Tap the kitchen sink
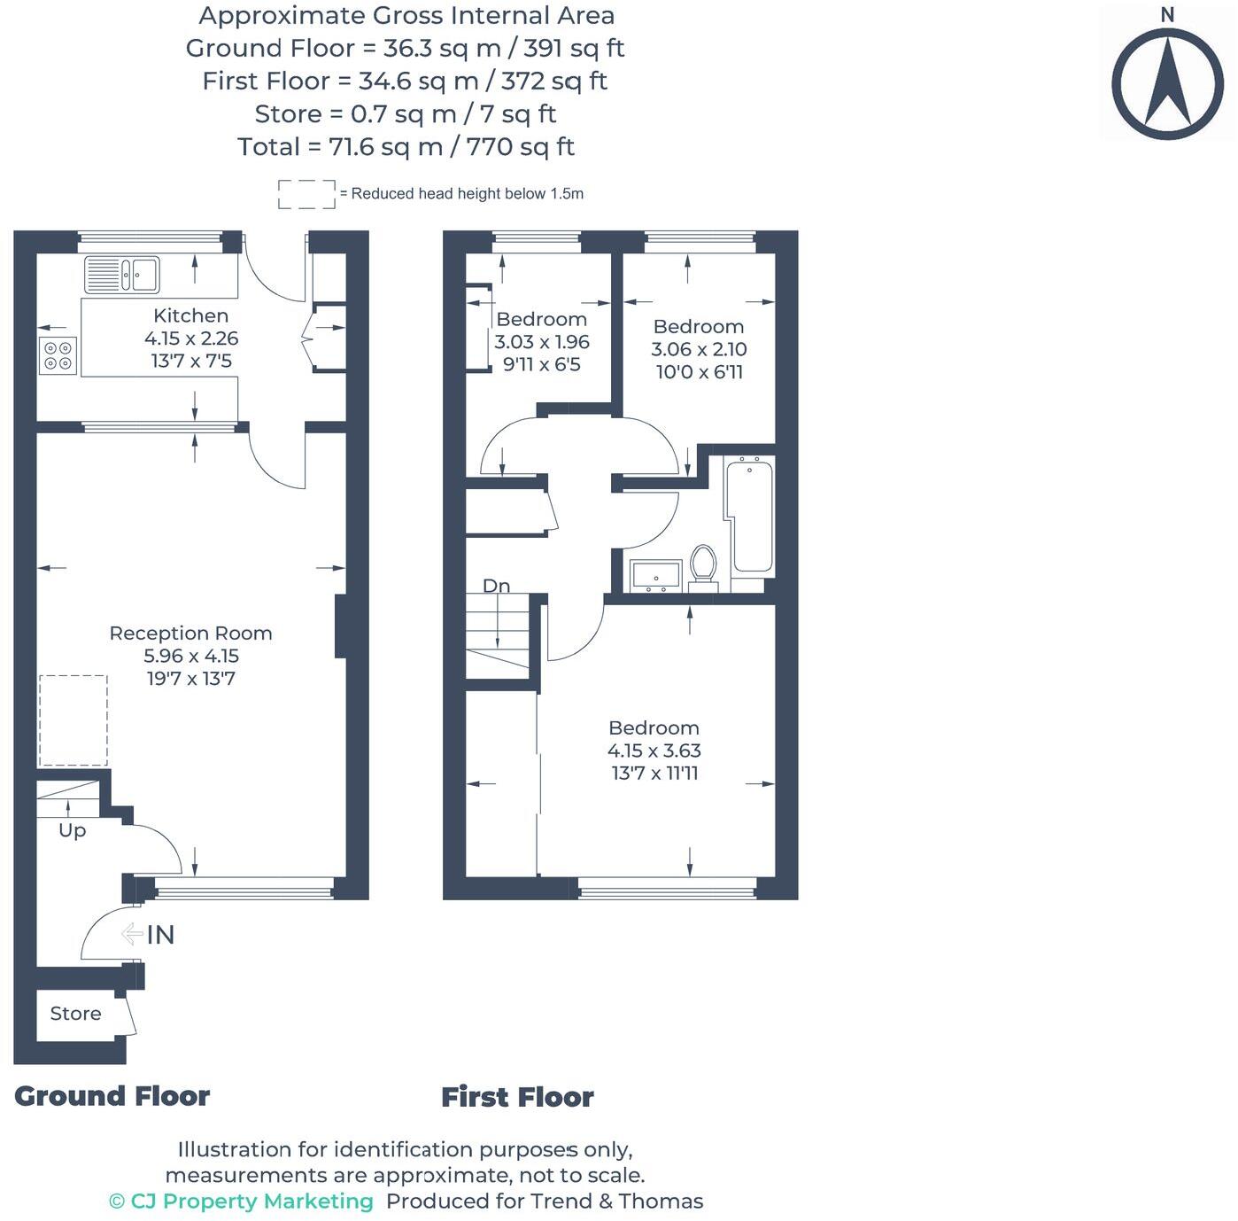[x=122, y=275]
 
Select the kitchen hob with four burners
[x=58, y=355]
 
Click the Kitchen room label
[x=190, y=315]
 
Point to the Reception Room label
[x=190, y=634]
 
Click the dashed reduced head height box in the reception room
[x=74, y=720]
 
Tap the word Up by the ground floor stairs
[x=73, y=831]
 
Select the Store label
[x=75, y=1014]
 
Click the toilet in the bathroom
[x=703, y=564]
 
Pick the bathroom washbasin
[x=655, y=575]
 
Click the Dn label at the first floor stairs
[x=496, y=586]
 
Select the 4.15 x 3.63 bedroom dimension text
[x=654, y=750]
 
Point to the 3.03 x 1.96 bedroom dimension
[x=541, y=342]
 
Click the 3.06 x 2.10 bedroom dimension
[x=699, y=349]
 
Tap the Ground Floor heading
[x=112, y=1096]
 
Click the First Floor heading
[x=517, y=1097]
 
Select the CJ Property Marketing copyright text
[x=241, y=1202]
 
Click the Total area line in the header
[x=406, y=146]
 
